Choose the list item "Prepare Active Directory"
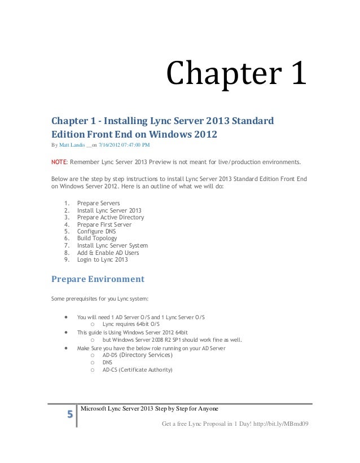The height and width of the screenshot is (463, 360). (x=110, y=218)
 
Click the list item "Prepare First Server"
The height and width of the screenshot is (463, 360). (x=104, y=225)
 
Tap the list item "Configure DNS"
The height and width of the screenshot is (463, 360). (x=97, y=232)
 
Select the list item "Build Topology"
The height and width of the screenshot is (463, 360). (x=97, y=239)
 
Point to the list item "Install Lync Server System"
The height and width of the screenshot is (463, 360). (x=112, y=246)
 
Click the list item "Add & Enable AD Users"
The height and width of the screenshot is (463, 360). (x=108, y=253)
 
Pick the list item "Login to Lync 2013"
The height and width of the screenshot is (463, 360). (x=102, y=259)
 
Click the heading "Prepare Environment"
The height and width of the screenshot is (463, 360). (x=98, y=279)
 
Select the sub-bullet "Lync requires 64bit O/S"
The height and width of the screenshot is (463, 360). (x=130, y=324)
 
